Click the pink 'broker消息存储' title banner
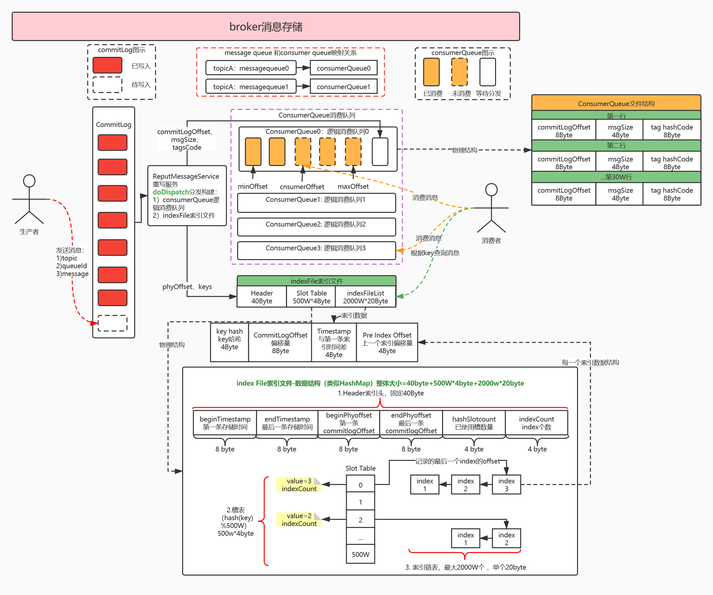point(265,26)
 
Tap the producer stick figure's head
point(29,181)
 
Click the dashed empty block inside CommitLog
point(113,323)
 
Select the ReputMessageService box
point(187,196)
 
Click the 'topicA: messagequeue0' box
point(250,68)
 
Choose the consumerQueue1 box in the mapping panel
point(343,87)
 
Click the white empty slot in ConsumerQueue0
point(380,152)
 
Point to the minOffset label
point(253,187)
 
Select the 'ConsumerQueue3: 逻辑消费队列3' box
point(316,250)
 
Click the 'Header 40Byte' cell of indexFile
point(262,297)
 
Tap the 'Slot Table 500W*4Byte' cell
point(311,297)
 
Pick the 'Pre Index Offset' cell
point(387,342)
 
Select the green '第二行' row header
point(616,146)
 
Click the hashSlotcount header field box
point(474,423)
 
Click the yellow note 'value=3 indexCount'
point(299,485)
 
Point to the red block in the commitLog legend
point(107,65)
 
